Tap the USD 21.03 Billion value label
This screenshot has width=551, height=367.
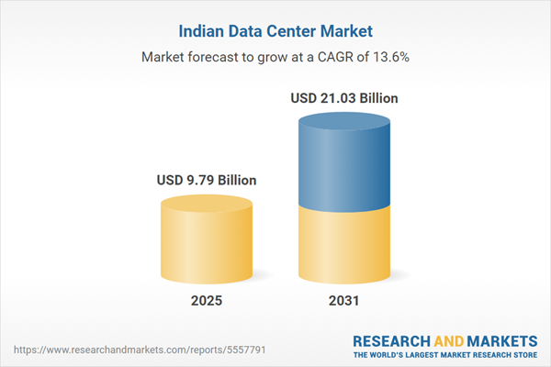[x=344, y=97]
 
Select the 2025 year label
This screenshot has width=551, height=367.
[x=206, y=301]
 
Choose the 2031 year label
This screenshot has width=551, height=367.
[x=344, y=301]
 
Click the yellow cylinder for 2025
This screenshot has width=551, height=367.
[x=206, y=239]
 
